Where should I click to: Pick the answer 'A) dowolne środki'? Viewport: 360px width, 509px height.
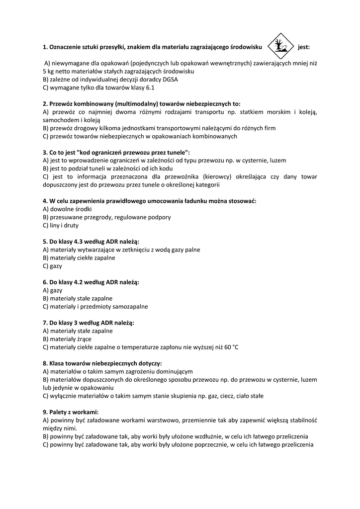[67, 209]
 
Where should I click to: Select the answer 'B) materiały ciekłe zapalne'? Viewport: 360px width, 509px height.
[79, 257]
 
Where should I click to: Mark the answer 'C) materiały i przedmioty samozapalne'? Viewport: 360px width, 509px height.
[95, 306]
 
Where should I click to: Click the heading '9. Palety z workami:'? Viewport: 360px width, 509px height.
[71, 412]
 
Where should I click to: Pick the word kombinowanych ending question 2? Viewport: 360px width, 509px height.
[210, 136]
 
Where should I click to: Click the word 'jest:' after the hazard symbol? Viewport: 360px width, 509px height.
[304, 48]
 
